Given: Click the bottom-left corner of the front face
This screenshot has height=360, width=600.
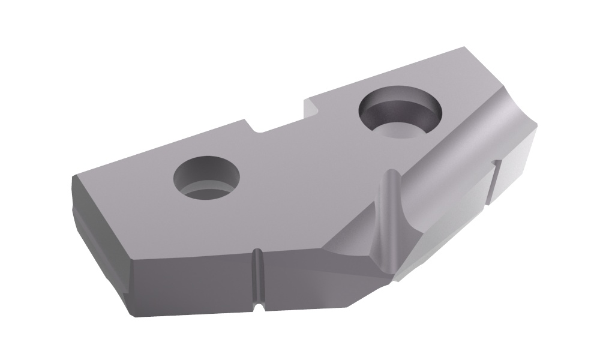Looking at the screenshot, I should (x=131, y=313).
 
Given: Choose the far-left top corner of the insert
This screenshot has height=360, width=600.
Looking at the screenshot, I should (x=73, y=176).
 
